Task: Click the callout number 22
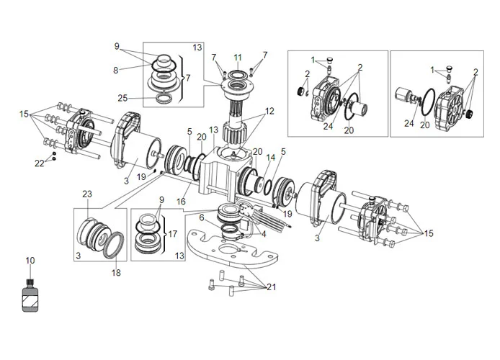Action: coord(39,163)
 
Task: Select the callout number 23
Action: coord(87,194)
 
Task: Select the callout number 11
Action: coord(238,57)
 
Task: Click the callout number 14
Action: coord(271,157)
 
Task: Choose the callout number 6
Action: coord(202,217)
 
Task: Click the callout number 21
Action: coord(270,288)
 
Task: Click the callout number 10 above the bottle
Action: coord(30,260)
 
